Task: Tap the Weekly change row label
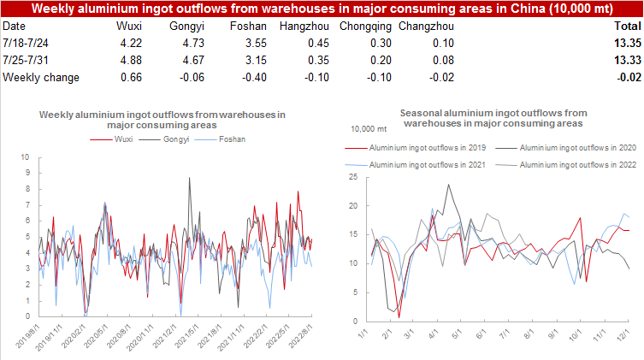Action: (41, 77)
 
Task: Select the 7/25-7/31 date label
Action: (29, 61)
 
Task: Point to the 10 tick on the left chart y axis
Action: (26, 157)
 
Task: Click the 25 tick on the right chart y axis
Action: (352, 177)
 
